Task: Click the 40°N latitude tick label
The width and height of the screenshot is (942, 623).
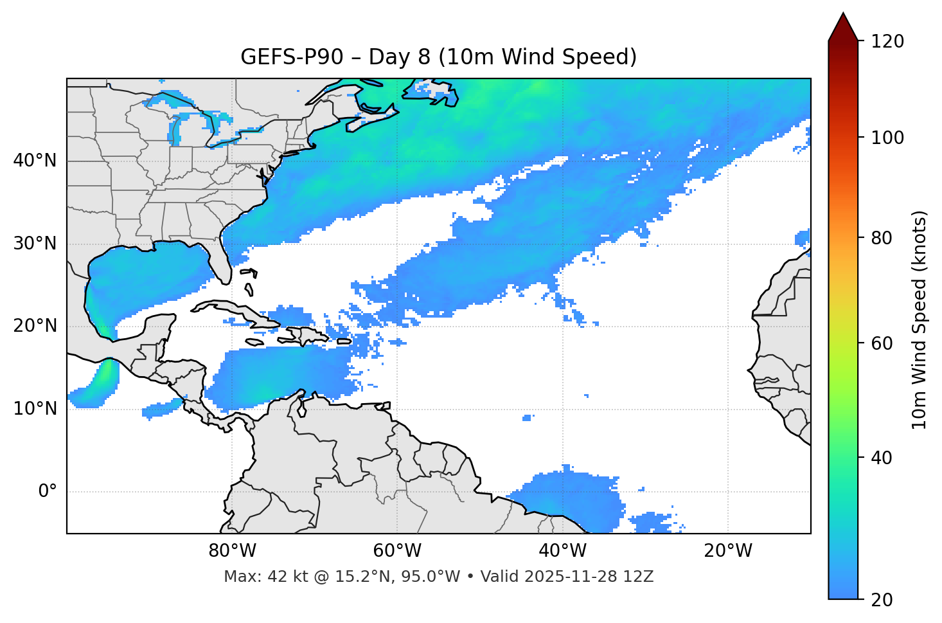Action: pos(35,161)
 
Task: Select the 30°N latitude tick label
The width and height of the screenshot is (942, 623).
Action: pos(35,244)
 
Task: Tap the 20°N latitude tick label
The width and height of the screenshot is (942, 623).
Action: pos(35,326)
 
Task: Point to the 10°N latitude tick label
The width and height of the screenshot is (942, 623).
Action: pos(35,409)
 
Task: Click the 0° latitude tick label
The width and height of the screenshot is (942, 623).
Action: pos(47,492)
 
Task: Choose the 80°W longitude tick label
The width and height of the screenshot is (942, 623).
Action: pos(232,551)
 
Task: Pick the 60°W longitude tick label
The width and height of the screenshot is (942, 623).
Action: pos(397,551)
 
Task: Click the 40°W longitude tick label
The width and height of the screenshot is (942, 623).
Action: pos(562,551)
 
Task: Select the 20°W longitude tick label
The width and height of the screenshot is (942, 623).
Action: pos(727,551)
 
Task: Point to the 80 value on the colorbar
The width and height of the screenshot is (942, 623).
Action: pos(882,239)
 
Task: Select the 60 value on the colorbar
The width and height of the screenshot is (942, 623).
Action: pos(882,343)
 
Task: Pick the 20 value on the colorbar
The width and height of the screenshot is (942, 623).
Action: pos(882,600)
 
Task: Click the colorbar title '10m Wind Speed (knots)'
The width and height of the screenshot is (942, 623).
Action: pos(920,320)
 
